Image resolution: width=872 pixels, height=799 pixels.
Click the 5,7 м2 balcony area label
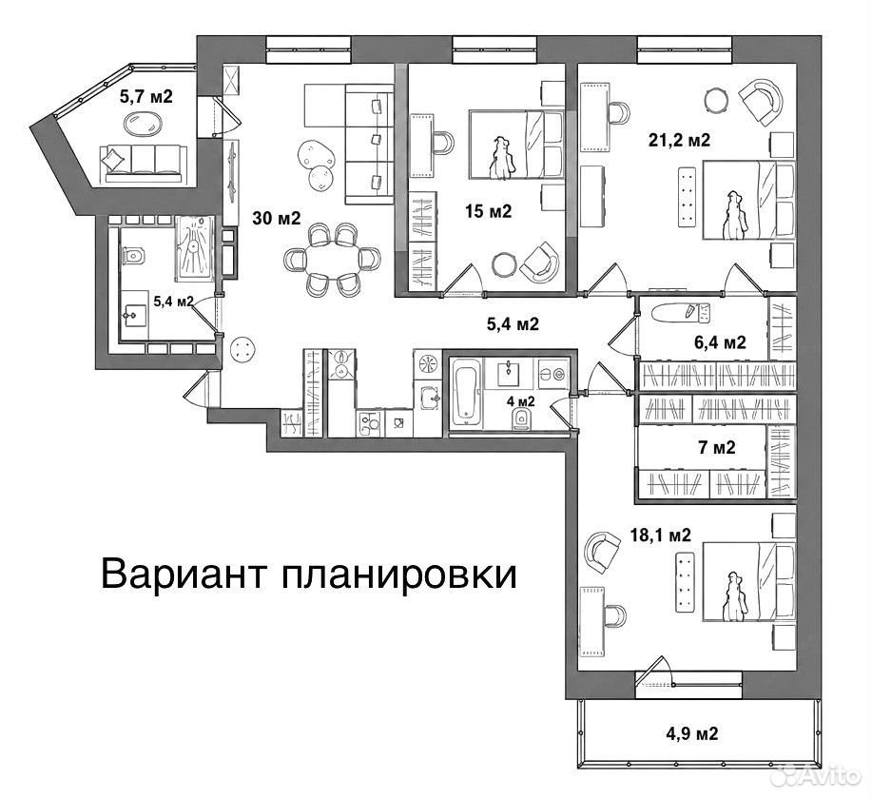(146, 97)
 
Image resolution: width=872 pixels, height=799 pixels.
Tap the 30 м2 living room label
(277, 218)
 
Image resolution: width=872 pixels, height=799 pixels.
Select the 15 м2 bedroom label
(489, 211)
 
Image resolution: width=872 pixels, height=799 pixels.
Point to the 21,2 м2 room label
(680, 140)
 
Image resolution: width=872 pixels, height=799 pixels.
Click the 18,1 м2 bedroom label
(660, 536)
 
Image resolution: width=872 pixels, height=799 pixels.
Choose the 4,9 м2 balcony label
(692, 733)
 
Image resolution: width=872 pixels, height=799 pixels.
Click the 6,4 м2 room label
(720, 342)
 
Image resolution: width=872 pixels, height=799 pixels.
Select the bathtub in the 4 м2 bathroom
(465, 391)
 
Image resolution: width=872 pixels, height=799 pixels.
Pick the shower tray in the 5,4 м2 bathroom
(194, 248)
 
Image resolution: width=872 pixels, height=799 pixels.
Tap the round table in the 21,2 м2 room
(716, 101)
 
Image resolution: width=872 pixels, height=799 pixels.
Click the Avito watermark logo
(821, 774)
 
